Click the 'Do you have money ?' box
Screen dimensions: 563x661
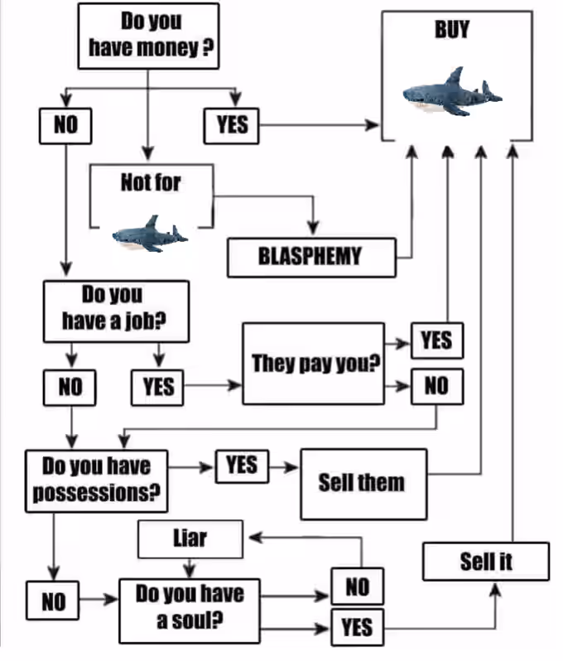tap(148, 36)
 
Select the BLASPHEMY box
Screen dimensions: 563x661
tap(311, 257)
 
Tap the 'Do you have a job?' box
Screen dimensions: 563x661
tap(116, 311)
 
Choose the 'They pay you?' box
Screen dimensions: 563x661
tap(313, 364)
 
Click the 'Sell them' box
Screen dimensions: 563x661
tap(363, 484)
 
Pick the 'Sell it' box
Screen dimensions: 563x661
tap(486, 562)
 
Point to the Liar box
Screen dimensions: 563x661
tap(190, 539)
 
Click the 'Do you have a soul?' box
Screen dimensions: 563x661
tap(190, 610)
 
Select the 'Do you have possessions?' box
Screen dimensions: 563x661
tap(97, 481)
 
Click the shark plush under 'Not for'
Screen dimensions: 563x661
tap(150, 234)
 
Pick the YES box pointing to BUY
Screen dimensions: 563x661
tap(231, 126)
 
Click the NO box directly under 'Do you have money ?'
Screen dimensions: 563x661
tap(65, 126)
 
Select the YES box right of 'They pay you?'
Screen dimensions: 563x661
tap(437, 340)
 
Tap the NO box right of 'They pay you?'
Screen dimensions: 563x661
tap(437, 386)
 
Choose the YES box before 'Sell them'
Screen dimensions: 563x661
tap(242, 466)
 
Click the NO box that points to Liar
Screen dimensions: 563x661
tap(358, 586)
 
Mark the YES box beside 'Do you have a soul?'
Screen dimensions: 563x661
tap(358, 627)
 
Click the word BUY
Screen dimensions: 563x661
tap(452, 30)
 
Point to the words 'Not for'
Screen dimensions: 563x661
tap(151, 182)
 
